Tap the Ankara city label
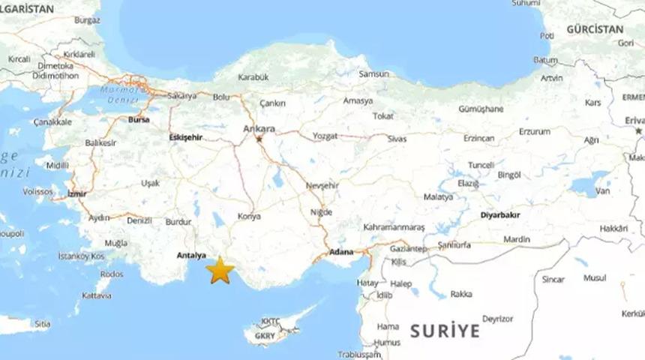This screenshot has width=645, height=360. tap(259, 128)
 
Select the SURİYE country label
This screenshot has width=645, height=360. tap(444, 330)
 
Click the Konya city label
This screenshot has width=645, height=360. tap(249, 216)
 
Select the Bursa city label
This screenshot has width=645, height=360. tap(139, 119)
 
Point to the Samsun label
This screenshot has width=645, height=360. tap(374, 74)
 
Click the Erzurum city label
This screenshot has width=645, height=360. tap(534, 132)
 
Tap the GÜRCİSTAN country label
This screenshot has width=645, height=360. tap(595, 29)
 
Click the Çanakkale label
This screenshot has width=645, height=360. tap(52, 121)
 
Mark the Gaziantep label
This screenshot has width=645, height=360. tap(408, 248)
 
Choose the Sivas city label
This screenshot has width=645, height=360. tap(397, 139)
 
